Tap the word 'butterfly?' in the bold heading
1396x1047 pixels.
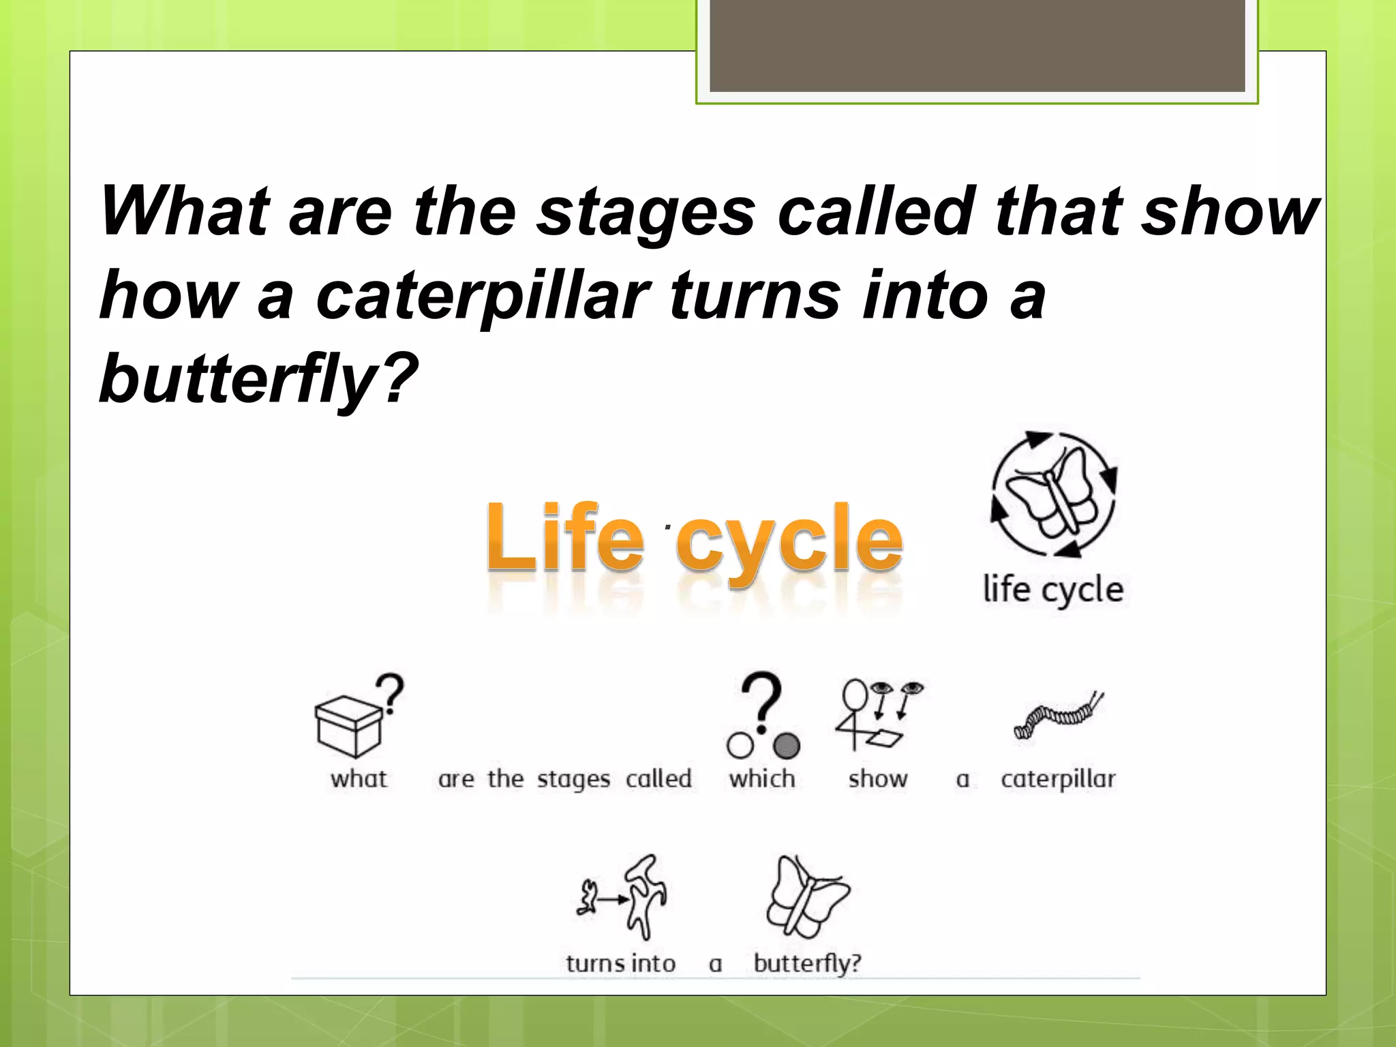pos(258,379)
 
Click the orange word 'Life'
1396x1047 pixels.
pos(565,538)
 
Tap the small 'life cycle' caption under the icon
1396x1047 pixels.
pos(1053,590)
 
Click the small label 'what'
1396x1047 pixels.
pos(359,778)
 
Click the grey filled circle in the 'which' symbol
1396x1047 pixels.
pos(787,746)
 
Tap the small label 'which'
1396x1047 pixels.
pos(762,778)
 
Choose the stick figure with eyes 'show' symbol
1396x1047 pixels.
pos(878,714)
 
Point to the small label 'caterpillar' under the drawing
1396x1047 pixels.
pos(1058,778)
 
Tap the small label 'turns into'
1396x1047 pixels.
pos(620,964)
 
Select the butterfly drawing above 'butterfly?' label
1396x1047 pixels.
pos(808,896)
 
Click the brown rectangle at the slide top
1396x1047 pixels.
pos(977,45)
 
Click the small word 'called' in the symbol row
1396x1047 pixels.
pos(658,778)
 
